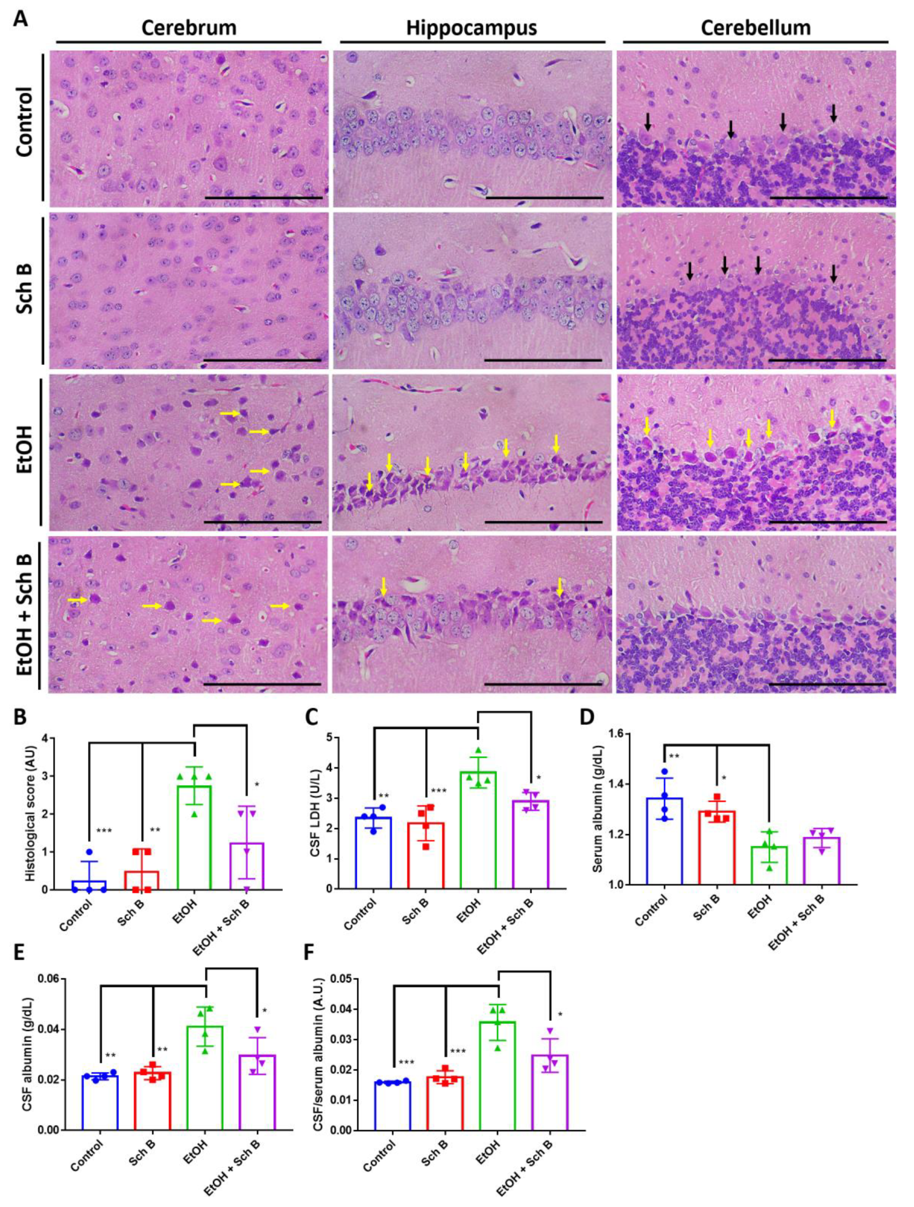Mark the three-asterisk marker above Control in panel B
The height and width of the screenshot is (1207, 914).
pyautogui.click(x=104, y=831)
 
